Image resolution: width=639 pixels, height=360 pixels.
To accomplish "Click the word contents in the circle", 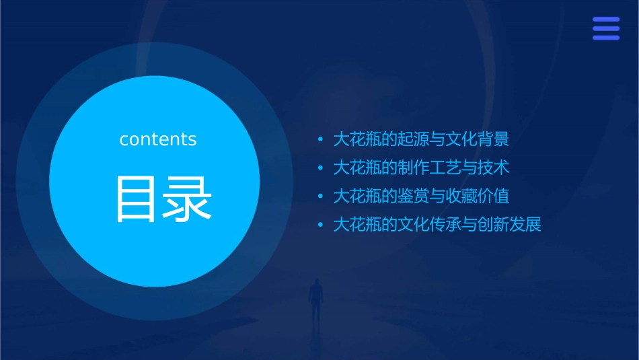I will [158, 139].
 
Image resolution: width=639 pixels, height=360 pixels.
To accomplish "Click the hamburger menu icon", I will [606, 29].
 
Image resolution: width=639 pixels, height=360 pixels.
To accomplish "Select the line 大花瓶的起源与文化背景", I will [421, 139].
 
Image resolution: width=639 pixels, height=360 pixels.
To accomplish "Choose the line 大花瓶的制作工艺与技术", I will [421, 168].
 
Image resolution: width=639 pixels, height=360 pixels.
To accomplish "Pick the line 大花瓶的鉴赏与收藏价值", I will [421, 196].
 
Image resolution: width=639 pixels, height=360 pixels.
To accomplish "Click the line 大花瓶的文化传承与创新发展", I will [437, 224].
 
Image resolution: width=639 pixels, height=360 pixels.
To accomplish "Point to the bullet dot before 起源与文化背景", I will [321, 140].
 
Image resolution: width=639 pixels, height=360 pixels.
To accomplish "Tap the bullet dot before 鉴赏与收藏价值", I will [321, 196].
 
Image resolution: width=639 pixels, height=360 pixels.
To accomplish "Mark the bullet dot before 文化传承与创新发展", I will [321, 225].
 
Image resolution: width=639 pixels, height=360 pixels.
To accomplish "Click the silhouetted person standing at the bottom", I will [315, 299].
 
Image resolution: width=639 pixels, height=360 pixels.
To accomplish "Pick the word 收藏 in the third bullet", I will [457, 196].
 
